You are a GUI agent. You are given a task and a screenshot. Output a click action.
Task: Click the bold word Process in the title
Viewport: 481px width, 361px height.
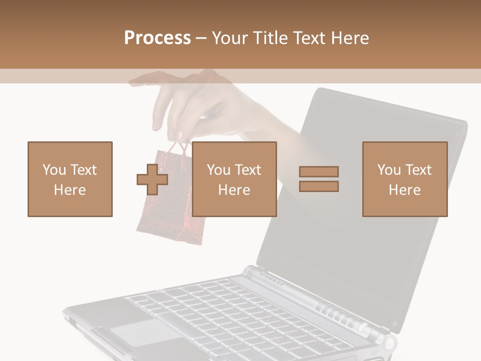point(157,38)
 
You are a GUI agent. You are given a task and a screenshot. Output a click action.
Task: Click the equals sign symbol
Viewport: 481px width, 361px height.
point(319,179)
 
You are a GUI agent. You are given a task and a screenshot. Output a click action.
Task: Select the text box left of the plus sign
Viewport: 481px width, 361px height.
point(70,179)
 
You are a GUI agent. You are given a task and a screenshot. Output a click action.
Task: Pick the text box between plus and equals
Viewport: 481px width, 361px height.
point(234,179)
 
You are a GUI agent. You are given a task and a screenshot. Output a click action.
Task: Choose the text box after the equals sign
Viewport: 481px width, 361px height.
point(404,179)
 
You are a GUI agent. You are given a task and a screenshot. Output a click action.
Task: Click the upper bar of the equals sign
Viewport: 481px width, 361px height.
point(319,172)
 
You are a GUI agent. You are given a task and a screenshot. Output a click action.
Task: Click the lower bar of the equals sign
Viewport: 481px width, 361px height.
point(319,187)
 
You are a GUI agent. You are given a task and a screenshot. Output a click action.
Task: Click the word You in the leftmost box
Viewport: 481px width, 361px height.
point(53,170)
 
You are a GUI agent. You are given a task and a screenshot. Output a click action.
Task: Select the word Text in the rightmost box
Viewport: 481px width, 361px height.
point(418,170)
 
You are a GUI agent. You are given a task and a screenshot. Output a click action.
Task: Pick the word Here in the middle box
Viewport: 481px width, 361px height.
point(234,190)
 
